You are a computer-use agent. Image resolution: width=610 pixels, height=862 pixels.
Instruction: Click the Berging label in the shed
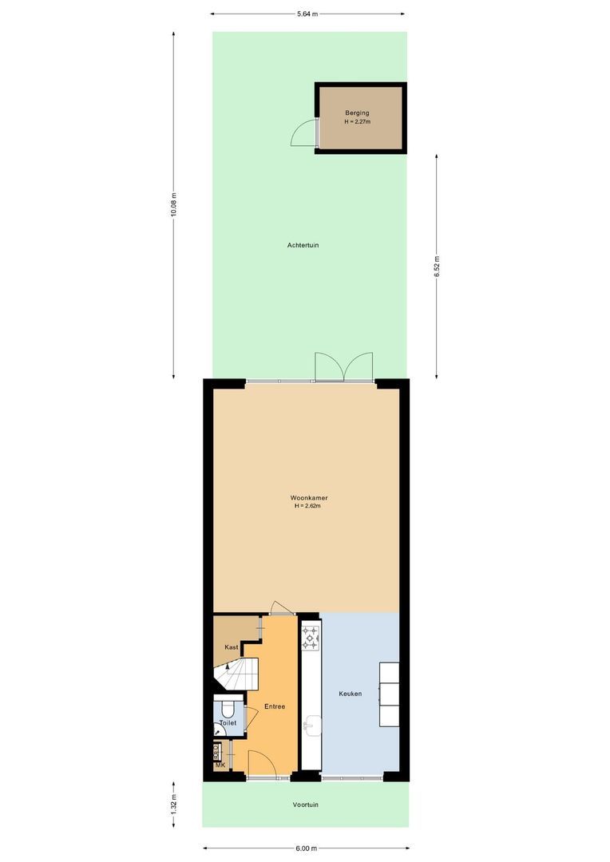click(357, 113)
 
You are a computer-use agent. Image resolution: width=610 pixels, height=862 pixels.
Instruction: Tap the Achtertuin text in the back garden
click(303, 245)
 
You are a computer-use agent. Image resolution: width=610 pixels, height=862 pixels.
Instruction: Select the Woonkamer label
click(309, 498)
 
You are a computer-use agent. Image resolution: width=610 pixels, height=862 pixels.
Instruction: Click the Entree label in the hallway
click(275, 706)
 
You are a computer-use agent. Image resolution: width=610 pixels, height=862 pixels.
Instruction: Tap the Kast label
click(232, 647)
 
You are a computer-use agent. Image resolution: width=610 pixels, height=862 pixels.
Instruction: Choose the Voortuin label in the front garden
click(305, 805)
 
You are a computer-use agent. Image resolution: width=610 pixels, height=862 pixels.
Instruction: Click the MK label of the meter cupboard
click(220, 765)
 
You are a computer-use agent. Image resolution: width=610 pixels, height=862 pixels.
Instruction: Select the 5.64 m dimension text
click(307, 14)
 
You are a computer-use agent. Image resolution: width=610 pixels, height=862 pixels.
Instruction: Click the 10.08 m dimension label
click(174, 205)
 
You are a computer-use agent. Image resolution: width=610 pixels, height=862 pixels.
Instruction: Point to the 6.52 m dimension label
click(436, 266)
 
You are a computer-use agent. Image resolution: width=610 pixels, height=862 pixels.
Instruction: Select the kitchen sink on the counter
click(311, 726)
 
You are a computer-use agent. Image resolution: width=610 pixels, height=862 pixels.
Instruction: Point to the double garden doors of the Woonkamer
click(344, 367)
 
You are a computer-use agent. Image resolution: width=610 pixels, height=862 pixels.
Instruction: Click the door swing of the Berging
click(304, 132)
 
